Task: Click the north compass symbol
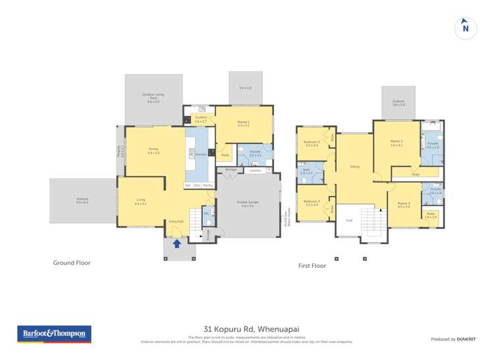point(466,28)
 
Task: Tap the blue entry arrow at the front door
point(177,244)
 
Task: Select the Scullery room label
point(201,119)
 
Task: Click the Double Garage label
point(247,205)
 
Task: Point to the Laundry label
point(256,170)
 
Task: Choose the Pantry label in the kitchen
point(207,186)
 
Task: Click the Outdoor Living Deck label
point(153,97)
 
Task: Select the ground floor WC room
point(206,214)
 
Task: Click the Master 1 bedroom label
point(244,123)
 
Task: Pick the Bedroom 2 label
point(312,143)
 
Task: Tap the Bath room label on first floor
point(306,171)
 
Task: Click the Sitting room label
point(354,167)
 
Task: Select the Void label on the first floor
point(349,220)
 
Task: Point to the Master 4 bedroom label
point(404,205)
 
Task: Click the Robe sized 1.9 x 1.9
point(431,215)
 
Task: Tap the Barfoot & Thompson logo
point(54,334)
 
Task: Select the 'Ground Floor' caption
point(71,263)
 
